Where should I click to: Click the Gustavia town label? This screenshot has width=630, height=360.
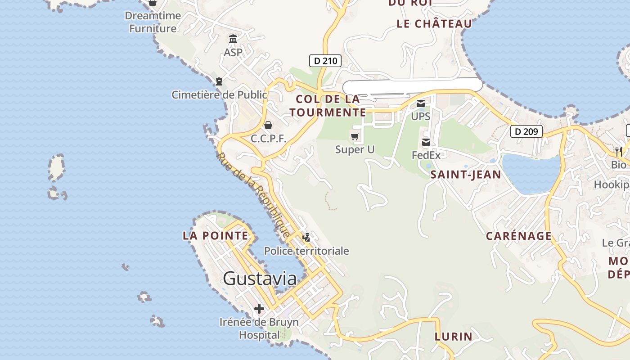[x=260, y=279]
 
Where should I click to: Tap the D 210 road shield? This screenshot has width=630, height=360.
[x=325, y=61]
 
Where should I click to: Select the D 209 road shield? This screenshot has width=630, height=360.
[x=526, y=131]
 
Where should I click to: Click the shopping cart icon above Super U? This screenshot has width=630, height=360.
[x=355, y=136]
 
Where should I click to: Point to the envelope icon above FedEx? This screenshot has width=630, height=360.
[x=426, y=143]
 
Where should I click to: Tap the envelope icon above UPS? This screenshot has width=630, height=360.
[x=420, y=104]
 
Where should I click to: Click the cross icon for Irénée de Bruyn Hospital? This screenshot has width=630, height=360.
[x=259, y=309]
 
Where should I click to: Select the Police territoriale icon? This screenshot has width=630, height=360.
[x=306, y=238]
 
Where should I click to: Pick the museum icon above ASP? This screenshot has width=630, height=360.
[x=233, y=39]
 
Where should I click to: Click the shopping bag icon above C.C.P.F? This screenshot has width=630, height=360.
[x=268, y=125]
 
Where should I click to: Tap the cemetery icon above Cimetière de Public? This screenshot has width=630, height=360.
[x=219, y=81]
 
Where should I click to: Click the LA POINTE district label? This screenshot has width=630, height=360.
[x=215, y=235]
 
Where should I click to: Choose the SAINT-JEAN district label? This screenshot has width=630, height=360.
[x=465, y=175]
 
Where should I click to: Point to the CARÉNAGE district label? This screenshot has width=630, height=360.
[x=518, y=236]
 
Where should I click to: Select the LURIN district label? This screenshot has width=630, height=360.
[x=453, y=336]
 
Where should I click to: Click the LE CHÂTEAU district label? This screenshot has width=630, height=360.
[x=434, y=24]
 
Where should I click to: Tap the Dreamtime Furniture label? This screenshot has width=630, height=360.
[x=153, y=22]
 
